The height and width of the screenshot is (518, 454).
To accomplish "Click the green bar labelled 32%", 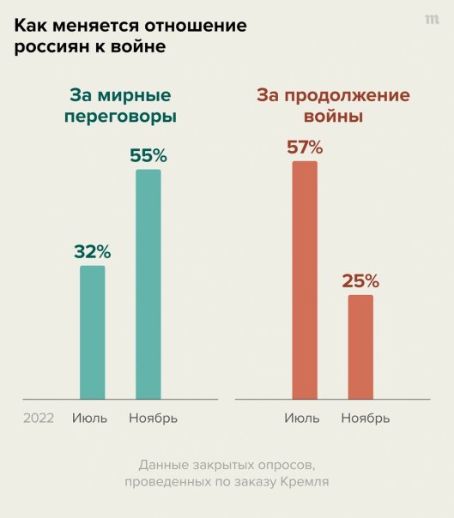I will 92,333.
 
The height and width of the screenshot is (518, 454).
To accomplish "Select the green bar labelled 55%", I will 148,284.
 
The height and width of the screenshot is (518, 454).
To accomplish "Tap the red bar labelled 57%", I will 305,280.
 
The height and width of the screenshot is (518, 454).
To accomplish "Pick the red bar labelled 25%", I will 360,347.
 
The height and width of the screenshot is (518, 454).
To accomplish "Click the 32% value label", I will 92,252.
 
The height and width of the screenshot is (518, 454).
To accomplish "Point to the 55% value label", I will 148,156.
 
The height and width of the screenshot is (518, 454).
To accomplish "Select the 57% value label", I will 305,147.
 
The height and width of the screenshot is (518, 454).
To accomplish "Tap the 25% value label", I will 360,281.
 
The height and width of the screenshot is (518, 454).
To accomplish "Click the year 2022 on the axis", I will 39,419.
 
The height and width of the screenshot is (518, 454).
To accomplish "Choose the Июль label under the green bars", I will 90,419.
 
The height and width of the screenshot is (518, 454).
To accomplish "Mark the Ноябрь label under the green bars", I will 153,419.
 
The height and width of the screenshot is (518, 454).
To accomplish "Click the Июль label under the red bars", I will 302,419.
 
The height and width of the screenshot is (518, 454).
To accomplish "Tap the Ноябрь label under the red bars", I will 365,419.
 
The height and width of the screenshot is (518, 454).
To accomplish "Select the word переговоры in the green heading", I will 121,117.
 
